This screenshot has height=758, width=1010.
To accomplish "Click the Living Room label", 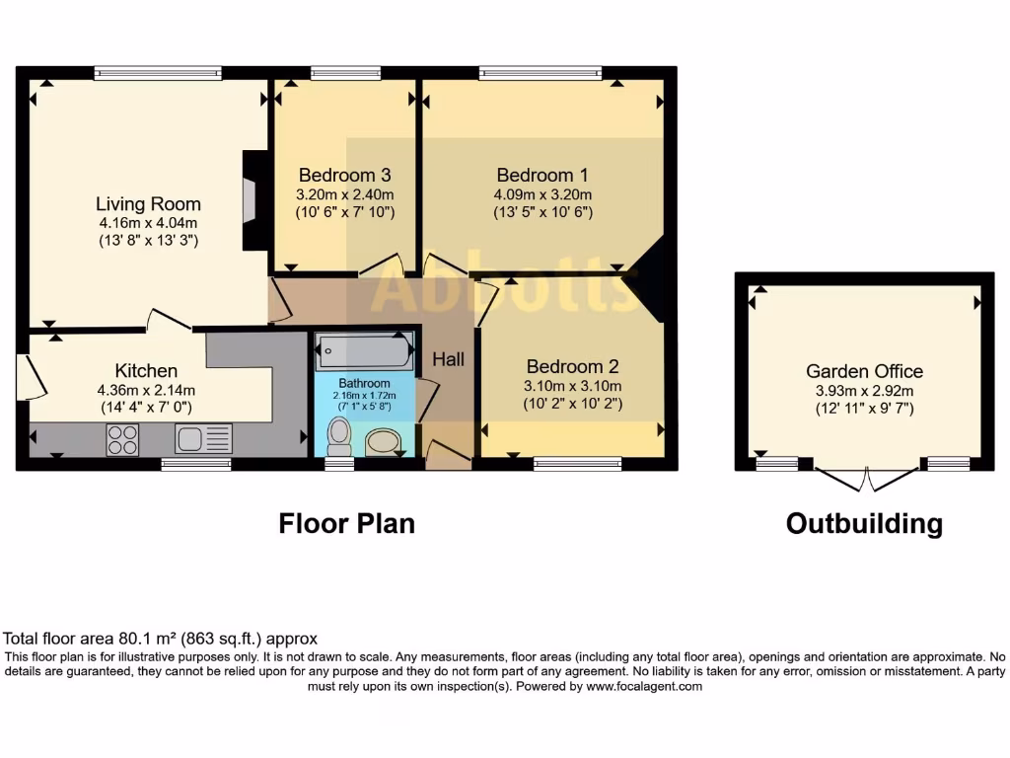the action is point(148,203).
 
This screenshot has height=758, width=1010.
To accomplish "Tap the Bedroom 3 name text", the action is point(344,175).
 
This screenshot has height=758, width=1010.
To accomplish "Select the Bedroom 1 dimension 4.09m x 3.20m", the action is point(542,194).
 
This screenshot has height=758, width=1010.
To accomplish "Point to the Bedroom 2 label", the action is point(572,367).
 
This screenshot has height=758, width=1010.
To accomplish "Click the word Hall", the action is point(449,359).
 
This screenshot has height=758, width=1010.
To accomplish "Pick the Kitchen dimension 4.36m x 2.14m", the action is point(146,390).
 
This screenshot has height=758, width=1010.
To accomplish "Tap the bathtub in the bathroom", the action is point(365,351).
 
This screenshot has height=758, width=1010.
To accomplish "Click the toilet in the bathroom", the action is point(339,436).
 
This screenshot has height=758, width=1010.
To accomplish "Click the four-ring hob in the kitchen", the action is point(121,439).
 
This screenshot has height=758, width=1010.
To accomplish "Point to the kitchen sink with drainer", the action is point(203,439).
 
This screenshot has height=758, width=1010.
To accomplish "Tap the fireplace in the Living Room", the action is point(251,200).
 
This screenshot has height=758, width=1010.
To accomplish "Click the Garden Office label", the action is point(864,371).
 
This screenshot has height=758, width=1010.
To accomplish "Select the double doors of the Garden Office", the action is point(867,479).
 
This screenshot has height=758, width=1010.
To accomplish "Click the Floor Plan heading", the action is point(346,523).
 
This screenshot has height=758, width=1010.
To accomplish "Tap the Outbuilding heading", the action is point(864,523).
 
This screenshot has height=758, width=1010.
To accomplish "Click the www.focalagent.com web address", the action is point(644,687).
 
